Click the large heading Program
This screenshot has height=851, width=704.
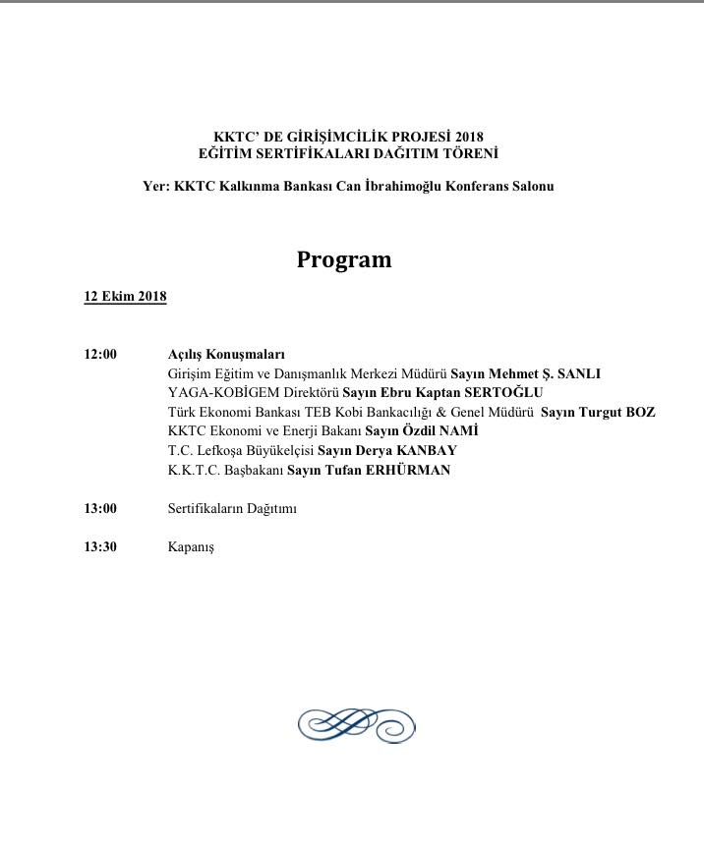tap(344, 259)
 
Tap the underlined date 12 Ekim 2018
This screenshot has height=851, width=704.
tap(125, 297)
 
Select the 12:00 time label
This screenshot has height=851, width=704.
tap(100, 355)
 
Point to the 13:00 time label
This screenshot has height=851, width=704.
tap(100, 509)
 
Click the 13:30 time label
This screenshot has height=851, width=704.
tap(100, 547)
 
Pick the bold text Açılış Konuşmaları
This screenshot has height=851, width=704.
tap(226, 355)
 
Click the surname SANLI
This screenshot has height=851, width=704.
tap(579, 373)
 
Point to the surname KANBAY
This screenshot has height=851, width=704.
tap(427, 451)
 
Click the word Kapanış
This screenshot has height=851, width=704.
tap(191, 547)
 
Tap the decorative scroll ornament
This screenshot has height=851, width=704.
tap(356, 725)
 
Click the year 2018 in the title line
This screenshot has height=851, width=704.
tap(468, 137)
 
